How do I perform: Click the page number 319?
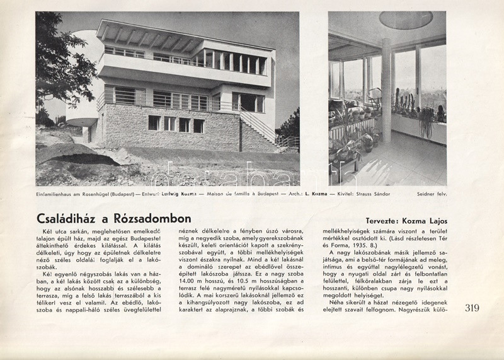tap(472, 308)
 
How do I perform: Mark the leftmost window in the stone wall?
tap(154, 122)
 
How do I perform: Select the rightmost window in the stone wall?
tap(198, 125)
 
